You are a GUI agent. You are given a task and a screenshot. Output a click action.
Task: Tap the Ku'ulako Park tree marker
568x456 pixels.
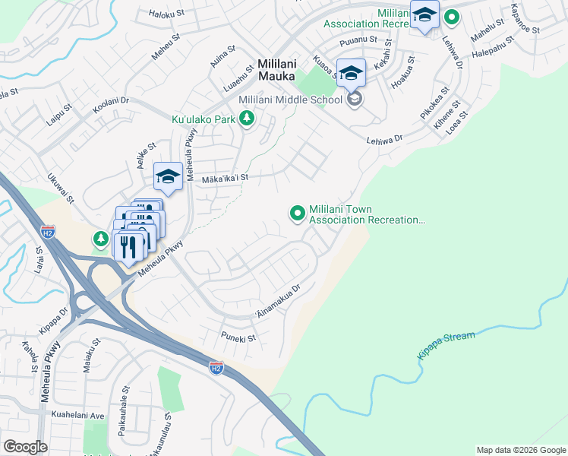[x=246, y=119]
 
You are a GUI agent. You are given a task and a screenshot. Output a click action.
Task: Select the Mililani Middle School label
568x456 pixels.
[x=291, y=100]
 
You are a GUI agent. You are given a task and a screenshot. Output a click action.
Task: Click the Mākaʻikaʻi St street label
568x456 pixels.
[x=225, y=179]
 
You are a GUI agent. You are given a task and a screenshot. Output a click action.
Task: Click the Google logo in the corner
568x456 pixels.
[x=25, y=447]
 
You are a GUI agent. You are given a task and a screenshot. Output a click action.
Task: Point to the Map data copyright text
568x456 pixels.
[x=521, y=450]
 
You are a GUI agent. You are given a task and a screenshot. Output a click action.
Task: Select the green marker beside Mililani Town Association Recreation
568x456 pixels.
[x=297, y=214]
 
